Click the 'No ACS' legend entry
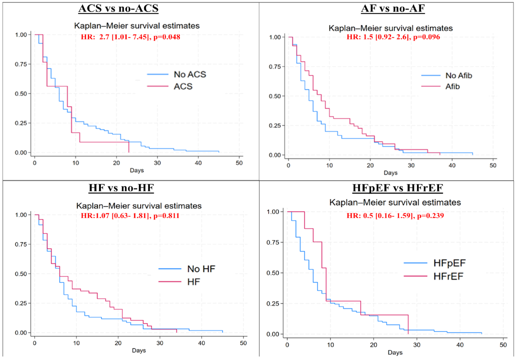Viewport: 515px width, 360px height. [x=189, y=75]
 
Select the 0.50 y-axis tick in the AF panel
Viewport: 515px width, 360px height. [x=277, y=96]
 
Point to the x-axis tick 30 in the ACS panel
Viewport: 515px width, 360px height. [x=157, y=163]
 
